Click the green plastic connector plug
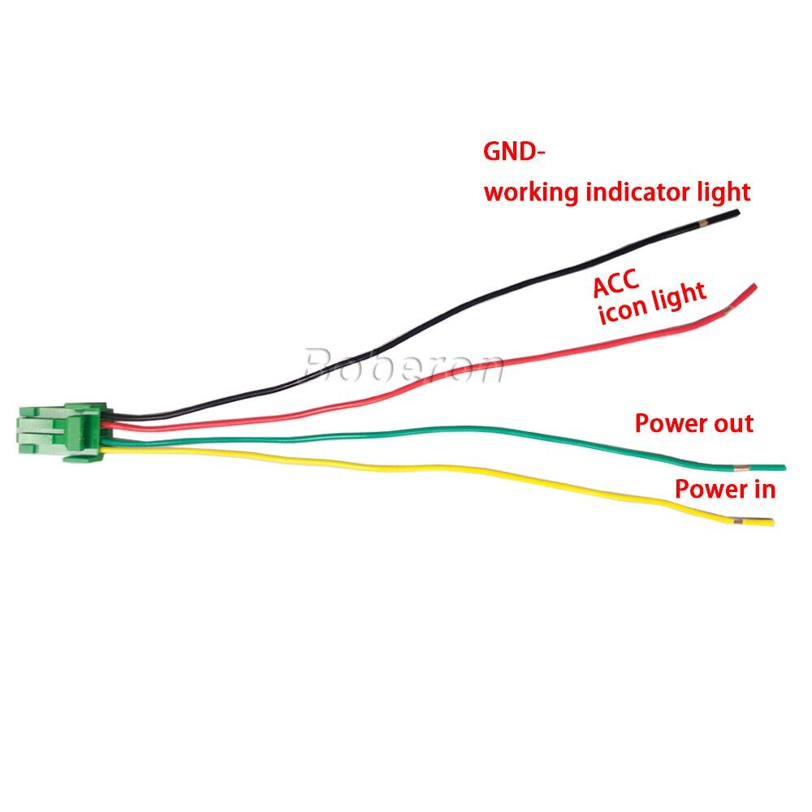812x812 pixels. point(63,432)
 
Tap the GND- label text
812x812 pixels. point(514,152)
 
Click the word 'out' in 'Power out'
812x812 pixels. point(733,424)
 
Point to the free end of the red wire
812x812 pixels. point(755,285)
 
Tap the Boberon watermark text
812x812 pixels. point(404,366)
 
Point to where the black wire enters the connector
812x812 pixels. point(110,415)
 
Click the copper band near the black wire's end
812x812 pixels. point(702,224)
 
